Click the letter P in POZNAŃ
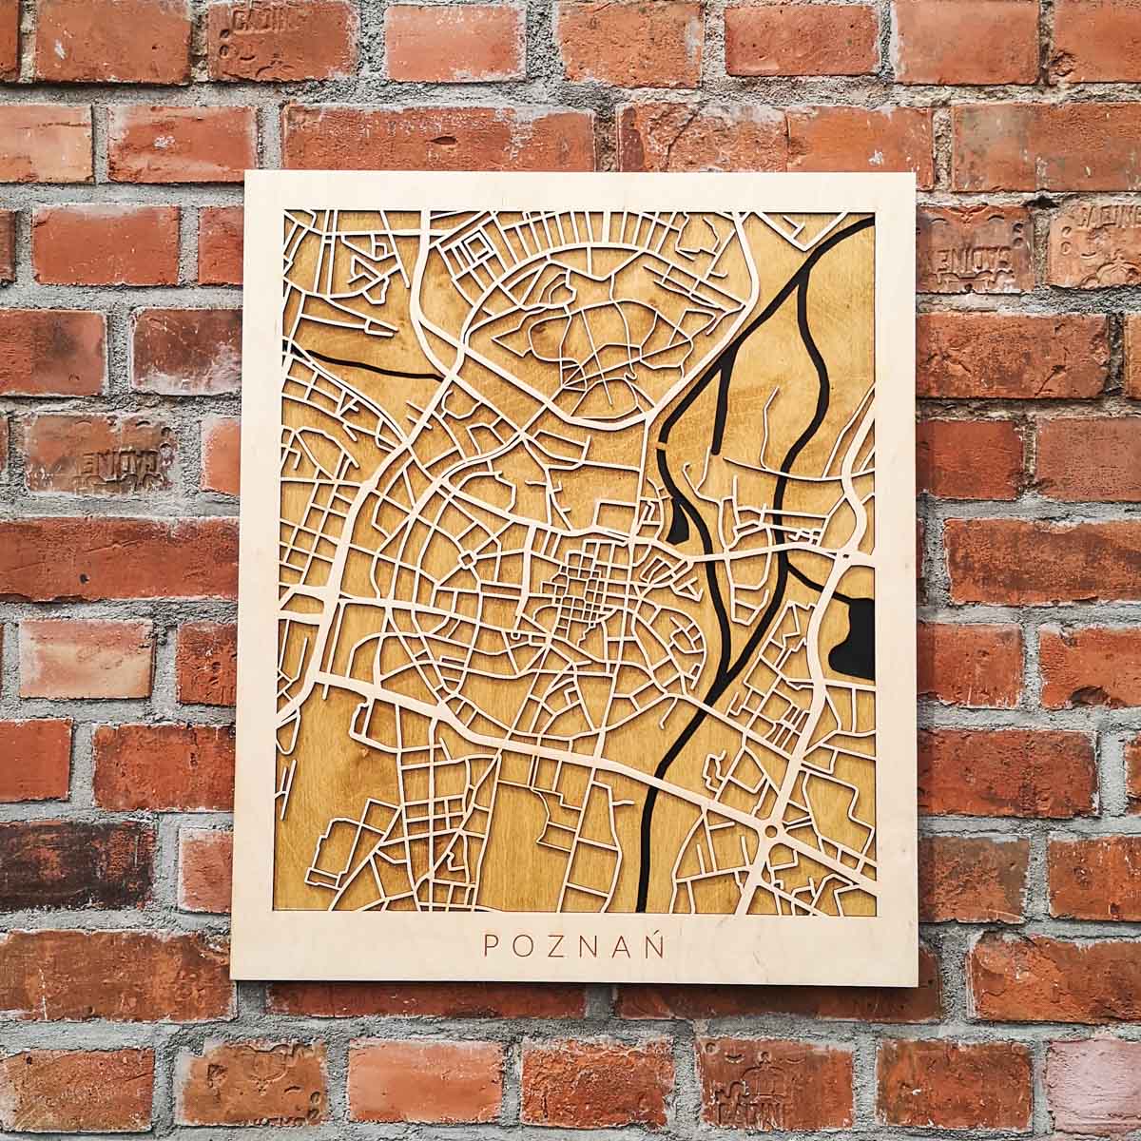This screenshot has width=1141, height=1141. [x=492, y=945]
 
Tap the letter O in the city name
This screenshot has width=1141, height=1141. [x=520, y=945]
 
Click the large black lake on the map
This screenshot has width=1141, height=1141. [x=859, y=632]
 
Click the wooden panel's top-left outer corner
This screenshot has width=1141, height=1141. [x=246, y=173]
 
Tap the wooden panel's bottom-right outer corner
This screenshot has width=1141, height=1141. [x=916, y=985]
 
